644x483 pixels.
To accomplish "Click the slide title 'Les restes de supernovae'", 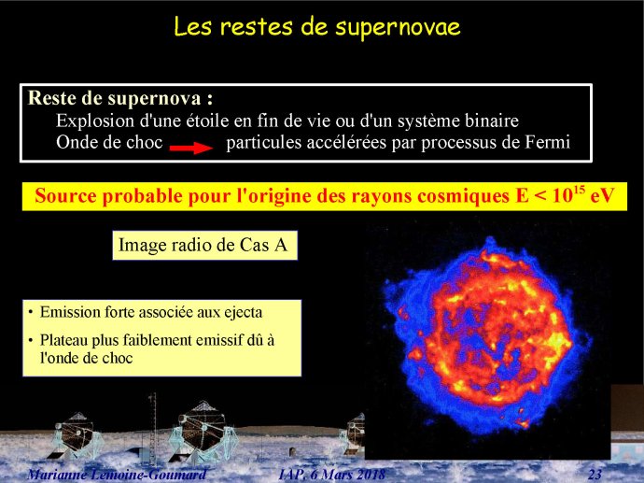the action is tap(317, 27).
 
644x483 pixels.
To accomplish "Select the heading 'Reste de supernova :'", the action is tap(120, 99).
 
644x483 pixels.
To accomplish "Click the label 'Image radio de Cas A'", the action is tap(203, 246).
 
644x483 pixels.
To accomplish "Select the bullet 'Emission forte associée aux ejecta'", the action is tap(150, 312).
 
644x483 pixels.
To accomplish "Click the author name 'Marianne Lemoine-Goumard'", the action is tap(117, 475).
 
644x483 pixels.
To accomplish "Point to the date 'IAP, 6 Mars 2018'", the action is tap(332, 475).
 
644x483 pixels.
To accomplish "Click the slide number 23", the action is tap(595, 475).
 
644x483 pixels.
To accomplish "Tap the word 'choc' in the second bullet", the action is tap(118, 358).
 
